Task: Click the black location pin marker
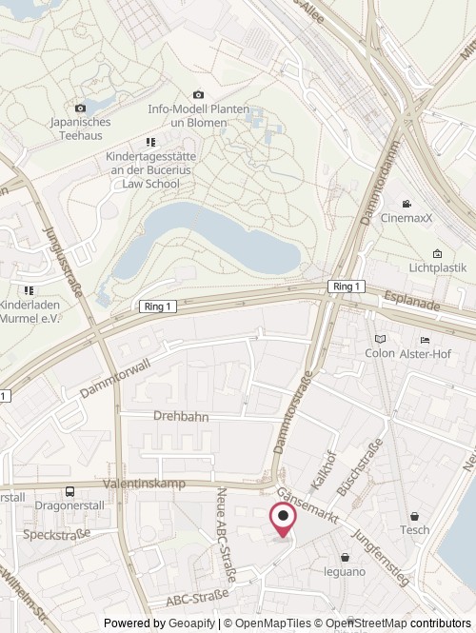284,518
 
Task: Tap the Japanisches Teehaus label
81,129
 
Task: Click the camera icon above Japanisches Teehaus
81,108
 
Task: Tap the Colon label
380,353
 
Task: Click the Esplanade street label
412,302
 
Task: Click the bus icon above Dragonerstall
69,491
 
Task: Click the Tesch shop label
414,530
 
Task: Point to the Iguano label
345,571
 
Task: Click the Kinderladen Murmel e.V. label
30,311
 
